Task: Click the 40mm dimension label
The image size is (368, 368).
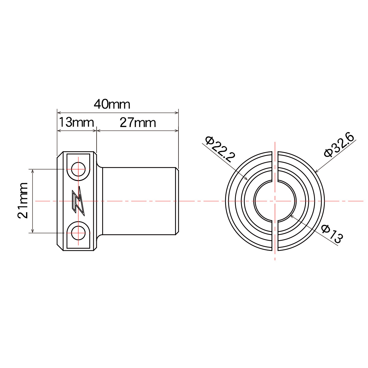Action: tap(112, 105)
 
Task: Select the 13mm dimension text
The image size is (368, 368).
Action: tap(76, 123)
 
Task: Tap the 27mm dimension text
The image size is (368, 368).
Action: tap(138, 123)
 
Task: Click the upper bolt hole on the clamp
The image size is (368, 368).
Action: tap(78, 169)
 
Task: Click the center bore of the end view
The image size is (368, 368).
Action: tap(275, 201)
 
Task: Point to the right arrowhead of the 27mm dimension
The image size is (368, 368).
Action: tap(177, 130)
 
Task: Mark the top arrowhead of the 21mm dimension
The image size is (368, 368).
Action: tap(33, 171)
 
